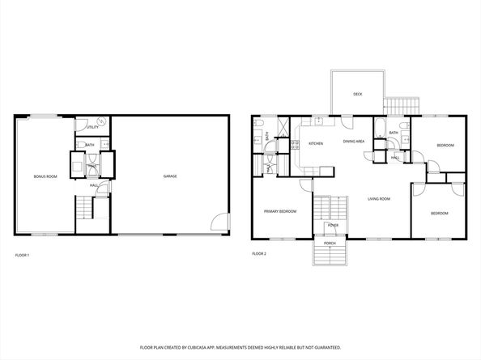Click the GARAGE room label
[x=170, y=176]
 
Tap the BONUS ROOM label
[x=45, y=176]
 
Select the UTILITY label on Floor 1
[x=93, y=127]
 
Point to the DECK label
[x=357, y=95]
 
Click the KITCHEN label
[x=316, y=143]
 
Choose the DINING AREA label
[x=354, y=142]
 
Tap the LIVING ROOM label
[x=379, y=198]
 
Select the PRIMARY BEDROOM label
[x=280, y=211]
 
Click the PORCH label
[x=330, y=243]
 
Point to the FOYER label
[x=333, y=226]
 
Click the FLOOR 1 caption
[x=22, y=256]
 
